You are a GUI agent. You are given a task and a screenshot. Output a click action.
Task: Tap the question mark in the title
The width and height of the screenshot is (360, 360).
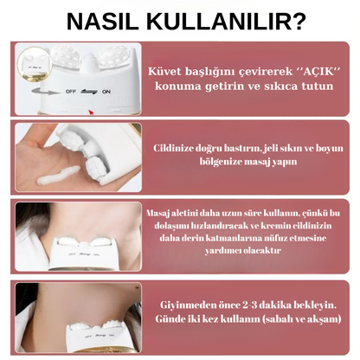point(299,22)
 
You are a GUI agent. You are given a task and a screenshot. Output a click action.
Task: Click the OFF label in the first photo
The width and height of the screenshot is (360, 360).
point(70,92)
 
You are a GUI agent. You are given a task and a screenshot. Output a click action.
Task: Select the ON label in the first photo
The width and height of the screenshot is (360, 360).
point(106,92)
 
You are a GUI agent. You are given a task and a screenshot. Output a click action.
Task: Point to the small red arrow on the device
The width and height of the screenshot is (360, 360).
point(91,112)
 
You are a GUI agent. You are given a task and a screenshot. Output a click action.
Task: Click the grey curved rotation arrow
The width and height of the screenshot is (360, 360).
point(44,92)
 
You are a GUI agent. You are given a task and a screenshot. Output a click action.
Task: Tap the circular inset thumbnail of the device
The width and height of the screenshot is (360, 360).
point(35,64)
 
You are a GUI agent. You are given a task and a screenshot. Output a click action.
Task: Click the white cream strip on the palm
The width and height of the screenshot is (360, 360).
point(59,176)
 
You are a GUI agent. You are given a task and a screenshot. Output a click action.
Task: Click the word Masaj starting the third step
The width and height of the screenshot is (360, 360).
point(157,214)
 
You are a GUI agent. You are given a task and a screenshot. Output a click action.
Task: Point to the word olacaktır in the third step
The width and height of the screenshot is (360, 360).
point(262,250)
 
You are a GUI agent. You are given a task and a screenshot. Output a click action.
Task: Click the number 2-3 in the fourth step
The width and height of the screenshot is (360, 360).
point(250,305)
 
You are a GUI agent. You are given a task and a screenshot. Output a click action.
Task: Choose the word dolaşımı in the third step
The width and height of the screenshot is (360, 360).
point(171,226)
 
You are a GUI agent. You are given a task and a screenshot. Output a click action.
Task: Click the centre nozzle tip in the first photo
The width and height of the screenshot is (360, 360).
point(91,56)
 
